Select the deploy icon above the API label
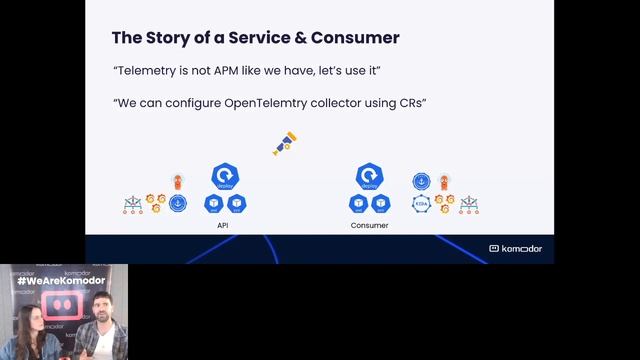click(224, 178)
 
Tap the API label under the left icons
click(224, 226)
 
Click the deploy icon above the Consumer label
click(368, 178)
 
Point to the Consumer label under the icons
click(369, 226)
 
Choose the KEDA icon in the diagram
click(421, 203)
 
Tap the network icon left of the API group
click(132, 205)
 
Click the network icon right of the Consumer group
click(468, 205)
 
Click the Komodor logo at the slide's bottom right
click(516, 248)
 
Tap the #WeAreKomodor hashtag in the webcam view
click(65, 282)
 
